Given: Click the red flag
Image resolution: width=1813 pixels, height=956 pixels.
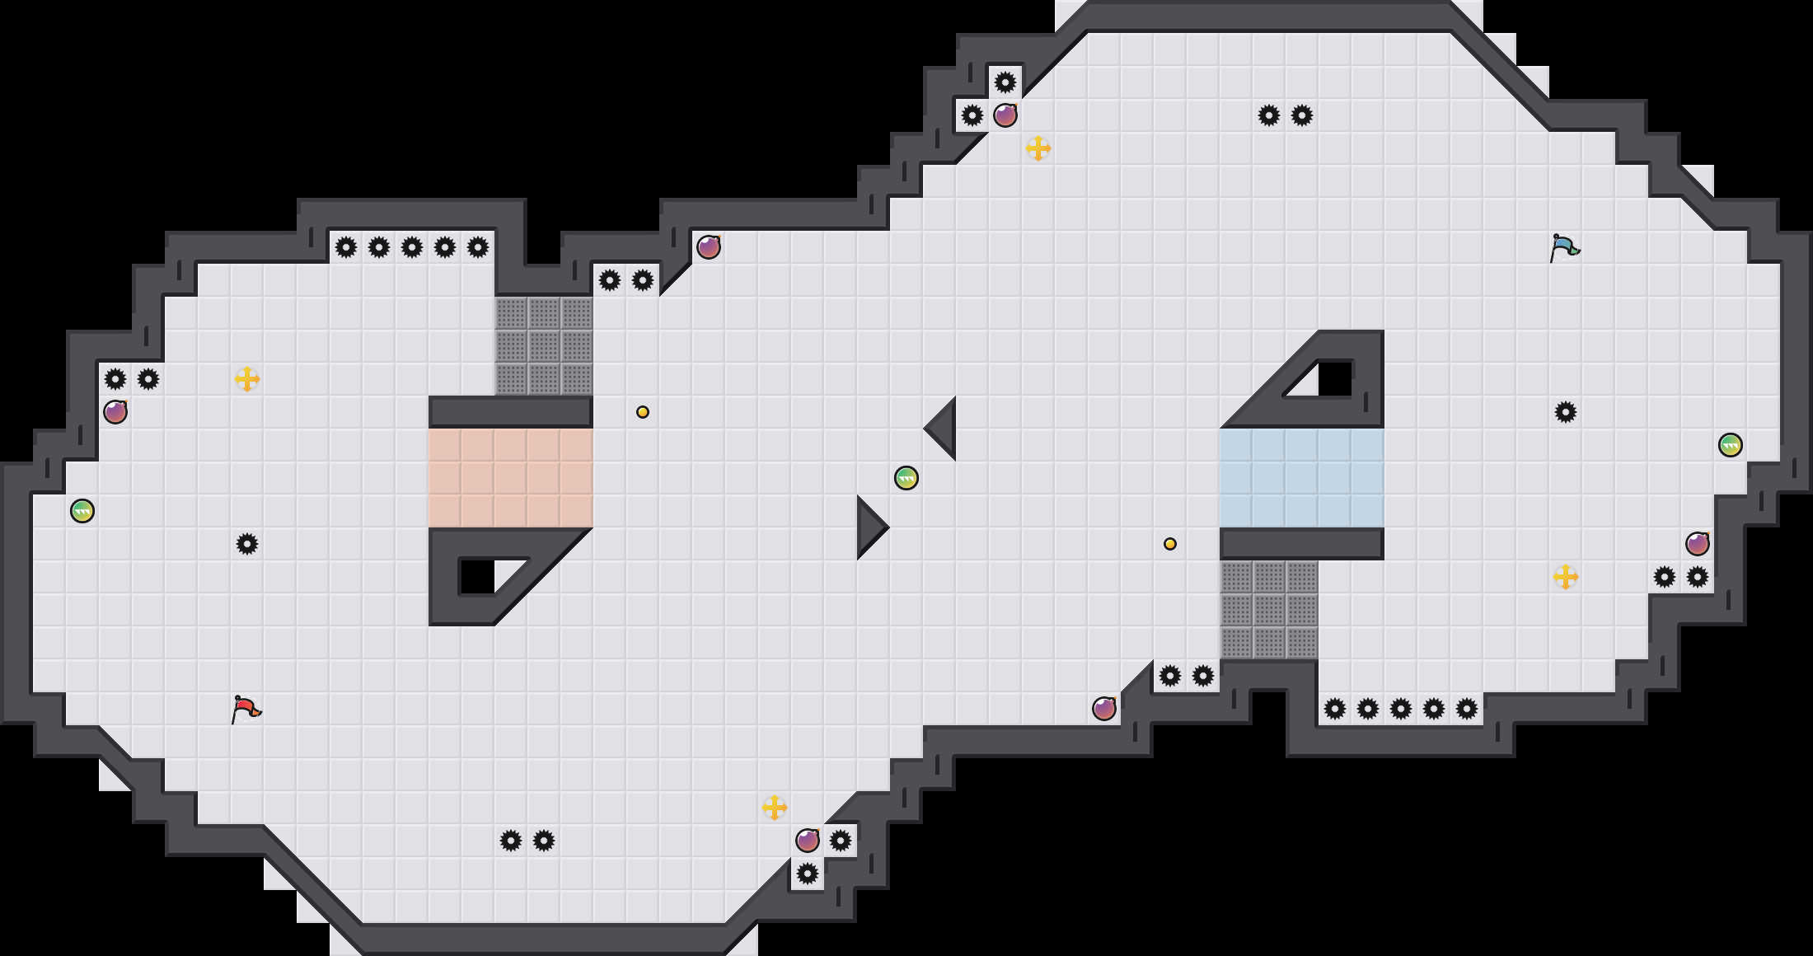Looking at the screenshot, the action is pos(246,709).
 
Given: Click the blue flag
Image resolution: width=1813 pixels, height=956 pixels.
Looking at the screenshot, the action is pos(1563,247).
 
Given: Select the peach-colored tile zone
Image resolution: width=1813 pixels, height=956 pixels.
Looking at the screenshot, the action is pos(511,478).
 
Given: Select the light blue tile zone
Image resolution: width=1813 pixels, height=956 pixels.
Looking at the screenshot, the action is pos(1302,478).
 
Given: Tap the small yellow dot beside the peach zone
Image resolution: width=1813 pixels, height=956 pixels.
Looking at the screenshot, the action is pos(643,412).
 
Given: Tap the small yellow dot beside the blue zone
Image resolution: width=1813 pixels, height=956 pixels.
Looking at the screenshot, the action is pos(1170,544).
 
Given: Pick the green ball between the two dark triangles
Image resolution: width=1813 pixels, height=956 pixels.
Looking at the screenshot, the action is pos(906,478).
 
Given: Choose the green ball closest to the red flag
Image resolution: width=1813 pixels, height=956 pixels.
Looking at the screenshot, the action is pos(82,511).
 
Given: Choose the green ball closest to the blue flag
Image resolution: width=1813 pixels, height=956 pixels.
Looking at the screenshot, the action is pos(1731,445).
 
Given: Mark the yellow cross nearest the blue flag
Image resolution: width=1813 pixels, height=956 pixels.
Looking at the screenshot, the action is pos(1566,577).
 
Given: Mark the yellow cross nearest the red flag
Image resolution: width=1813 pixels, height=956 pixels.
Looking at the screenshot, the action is pos(247,379).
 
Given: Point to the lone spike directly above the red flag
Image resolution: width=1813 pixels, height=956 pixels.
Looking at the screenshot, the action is pos(247,544).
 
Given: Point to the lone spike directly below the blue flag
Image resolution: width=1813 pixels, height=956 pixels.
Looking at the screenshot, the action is pos(1566,412).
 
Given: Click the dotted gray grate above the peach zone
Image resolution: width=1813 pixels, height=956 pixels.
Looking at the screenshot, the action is pos(544,346).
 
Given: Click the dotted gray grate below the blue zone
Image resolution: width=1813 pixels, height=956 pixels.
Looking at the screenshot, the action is pos(1269,610).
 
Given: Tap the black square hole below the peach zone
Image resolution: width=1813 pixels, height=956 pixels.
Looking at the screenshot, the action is pos(476,577).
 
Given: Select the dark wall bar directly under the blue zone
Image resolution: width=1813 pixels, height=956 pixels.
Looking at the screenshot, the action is pos(1302,544).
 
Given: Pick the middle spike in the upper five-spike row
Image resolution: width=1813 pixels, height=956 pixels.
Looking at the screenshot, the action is pos(412,247).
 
